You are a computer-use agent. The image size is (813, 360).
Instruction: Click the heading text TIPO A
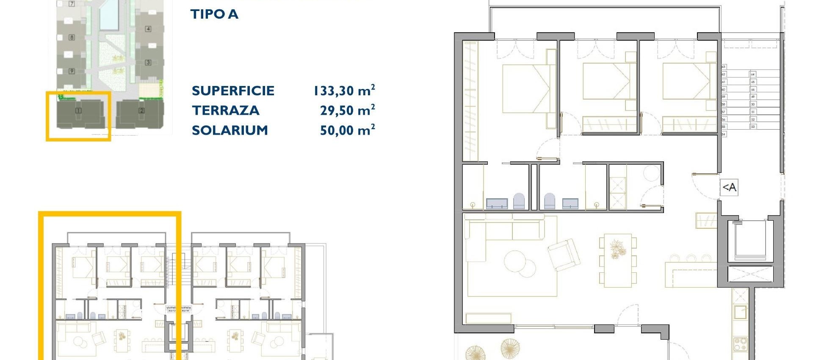point(214,14)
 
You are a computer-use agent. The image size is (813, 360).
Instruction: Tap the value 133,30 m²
point(344,91)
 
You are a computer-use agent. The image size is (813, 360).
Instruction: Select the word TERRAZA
point(225,111)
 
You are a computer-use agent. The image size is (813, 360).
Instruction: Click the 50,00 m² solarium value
point(347,130)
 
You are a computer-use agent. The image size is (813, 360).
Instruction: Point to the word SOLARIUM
point(230,130)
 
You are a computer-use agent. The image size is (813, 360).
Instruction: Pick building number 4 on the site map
point(148,29)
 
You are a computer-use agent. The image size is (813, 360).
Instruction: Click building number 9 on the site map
point(72,71)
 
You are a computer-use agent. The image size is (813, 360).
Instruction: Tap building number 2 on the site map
point(141,111)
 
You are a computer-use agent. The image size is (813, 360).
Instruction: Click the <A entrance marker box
point(729,187)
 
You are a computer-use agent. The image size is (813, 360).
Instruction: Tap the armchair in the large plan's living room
point(564,254)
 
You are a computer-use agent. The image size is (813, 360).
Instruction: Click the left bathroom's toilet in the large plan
point(519,201)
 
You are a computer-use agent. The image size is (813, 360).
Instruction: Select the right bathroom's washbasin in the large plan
point(570,203)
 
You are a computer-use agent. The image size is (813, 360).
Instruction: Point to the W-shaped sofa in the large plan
point(504,231)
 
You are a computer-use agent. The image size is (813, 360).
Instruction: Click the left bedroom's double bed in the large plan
point(526,89)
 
